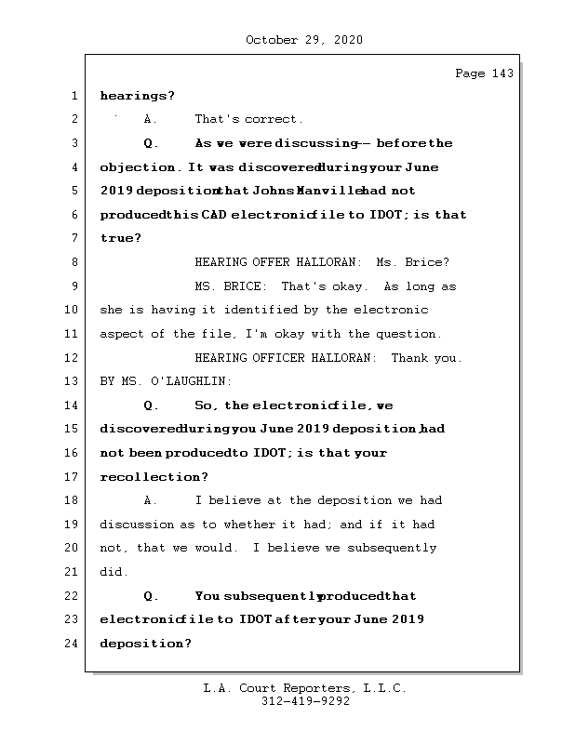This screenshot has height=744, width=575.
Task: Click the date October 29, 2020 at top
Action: [x=303, y=40]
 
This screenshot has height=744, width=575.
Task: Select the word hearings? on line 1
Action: [x=137, y=96]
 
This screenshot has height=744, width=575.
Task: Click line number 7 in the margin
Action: [x=73, y=238]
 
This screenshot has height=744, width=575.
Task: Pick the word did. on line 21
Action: [x=114, y=572]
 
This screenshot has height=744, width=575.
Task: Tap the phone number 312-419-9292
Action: [x=305, y=702]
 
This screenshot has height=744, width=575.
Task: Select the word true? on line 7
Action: [x=120, y=238]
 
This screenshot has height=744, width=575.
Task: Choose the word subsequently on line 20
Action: [x=392, y=548]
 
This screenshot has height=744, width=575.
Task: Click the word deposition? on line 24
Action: [x=145, y=644]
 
